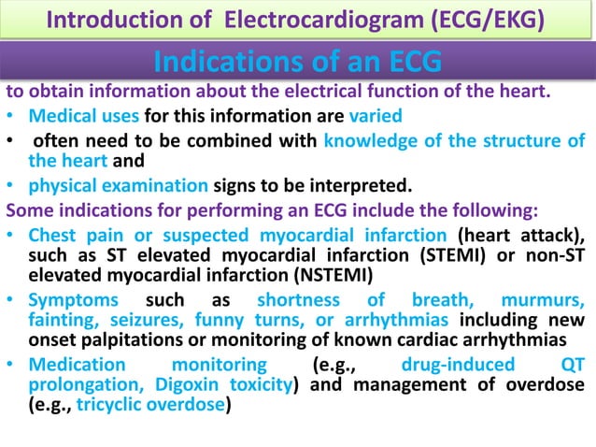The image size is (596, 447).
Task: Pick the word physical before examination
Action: coord(64,180)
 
